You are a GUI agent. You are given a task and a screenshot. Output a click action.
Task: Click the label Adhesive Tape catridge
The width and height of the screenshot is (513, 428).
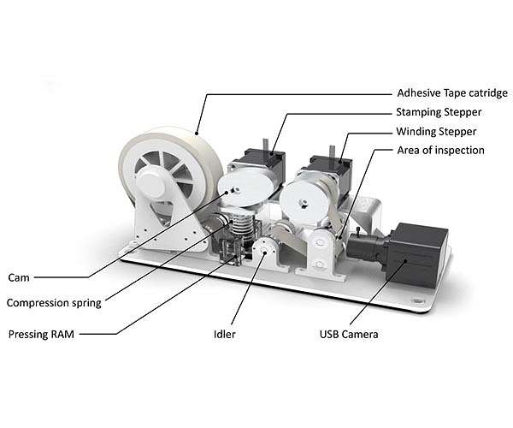tap(452, 93)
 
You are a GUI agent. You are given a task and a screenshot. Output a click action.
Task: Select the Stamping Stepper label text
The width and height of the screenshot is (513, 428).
tap(439, 112)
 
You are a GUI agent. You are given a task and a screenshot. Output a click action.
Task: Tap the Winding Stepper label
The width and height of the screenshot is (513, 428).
tap(436, 132)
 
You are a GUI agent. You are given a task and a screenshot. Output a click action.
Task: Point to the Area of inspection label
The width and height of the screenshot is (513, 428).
tap(440, 151)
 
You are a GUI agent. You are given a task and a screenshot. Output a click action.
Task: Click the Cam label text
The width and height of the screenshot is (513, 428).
tap(19, 277)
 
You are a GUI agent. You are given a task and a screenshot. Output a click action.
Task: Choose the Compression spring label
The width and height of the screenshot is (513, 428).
tap(54, 303)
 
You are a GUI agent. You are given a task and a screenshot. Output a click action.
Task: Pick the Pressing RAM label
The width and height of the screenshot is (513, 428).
tap(41, 335)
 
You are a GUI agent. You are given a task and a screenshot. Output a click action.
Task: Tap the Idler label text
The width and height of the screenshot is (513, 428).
tap(224, 335)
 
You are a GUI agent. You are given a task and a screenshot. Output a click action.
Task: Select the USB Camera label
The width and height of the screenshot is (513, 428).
tap(349, 335)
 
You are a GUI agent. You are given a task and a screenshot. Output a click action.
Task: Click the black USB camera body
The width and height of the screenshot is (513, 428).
tap(416, 254)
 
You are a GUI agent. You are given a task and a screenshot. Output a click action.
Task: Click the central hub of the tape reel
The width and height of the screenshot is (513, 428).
tap(151, 182)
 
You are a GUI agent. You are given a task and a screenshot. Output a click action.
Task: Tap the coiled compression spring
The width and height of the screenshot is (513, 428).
tap(241, 223)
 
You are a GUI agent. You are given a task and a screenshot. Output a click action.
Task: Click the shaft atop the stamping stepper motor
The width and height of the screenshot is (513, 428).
tap(265, 146)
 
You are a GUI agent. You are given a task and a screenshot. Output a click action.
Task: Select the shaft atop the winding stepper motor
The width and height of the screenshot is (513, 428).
tap(332, 152)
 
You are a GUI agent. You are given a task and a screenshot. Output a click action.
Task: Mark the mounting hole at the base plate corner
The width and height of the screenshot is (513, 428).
tap(418, 300)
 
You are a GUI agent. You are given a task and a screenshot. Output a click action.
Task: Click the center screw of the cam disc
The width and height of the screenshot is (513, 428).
tap(234, 190)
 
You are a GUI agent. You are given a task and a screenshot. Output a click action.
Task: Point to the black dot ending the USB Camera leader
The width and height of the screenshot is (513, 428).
tap(405, 261)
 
